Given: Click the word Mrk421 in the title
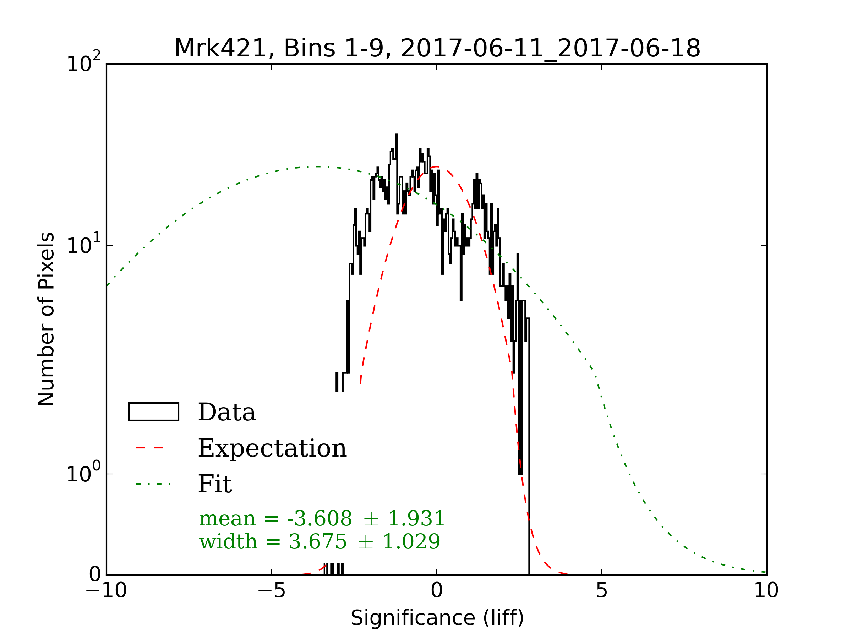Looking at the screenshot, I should pos(221,49).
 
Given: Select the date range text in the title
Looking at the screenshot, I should pos(550,49).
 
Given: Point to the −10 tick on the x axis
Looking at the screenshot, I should pos(106,590).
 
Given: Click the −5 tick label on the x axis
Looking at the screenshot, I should pos(272,590).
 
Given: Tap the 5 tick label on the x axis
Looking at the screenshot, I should pos(602,590).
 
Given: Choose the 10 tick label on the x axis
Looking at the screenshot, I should pos(766,590).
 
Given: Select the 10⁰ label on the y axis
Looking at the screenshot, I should pos(83,473).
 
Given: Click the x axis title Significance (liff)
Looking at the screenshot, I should pos(437,618).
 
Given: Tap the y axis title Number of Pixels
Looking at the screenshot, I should pos(47,319).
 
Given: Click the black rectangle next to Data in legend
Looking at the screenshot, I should pos(153,412).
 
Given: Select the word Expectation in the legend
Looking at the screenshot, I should pos(272,448).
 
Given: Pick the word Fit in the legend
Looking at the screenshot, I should pos(214,484).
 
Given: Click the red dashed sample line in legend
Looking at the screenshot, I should pos(150,448).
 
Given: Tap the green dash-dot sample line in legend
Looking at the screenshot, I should pos(153,484).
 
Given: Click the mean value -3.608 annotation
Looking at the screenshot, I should pos(319,518).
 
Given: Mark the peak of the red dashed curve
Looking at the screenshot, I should pos(436,167).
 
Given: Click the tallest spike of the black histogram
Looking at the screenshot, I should pos(396,135).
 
